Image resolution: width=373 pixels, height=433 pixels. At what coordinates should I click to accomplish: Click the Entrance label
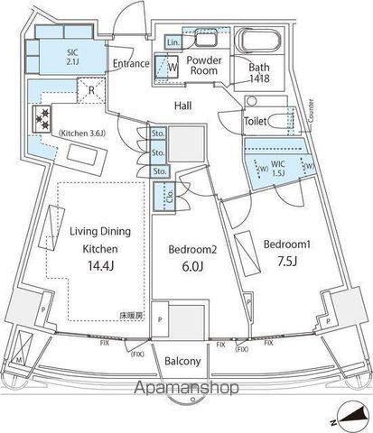tap(131, 63)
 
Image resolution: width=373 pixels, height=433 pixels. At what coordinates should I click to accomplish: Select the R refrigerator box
tap(89, 91)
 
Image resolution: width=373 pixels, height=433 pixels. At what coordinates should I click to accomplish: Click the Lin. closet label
tap(173, 43)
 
